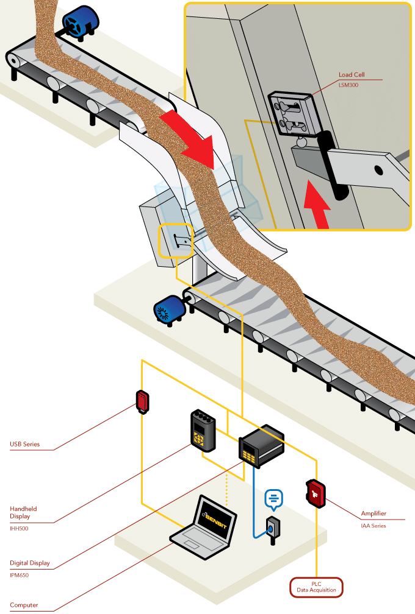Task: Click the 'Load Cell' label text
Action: point(352,75)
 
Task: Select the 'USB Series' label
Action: point(25,444)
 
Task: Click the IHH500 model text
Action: point(19,528)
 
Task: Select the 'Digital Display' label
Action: point(30,563)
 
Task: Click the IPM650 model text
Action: point(19,574)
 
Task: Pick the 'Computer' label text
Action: point(24,605)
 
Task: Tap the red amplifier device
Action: point(315,493)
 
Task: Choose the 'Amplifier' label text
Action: point(374,513)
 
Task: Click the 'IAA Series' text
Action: point(373,525)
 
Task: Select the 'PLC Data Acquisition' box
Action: point(316,587)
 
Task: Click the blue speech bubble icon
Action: point(274,499)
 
